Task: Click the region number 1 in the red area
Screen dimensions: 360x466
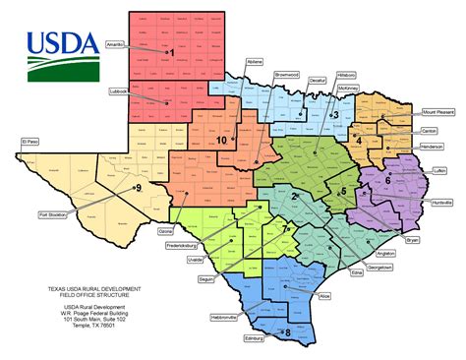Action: coord(171,52)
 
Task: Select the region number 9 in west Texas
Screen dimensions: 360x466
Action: coord(139,187)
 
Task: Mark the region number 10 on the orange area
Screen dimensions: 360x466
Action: coord(222,141)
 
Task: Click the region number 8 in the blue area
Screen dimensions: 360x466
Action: coord(287,332)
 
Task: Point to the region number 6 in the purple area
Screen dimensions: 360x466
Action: coord(387,179)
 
